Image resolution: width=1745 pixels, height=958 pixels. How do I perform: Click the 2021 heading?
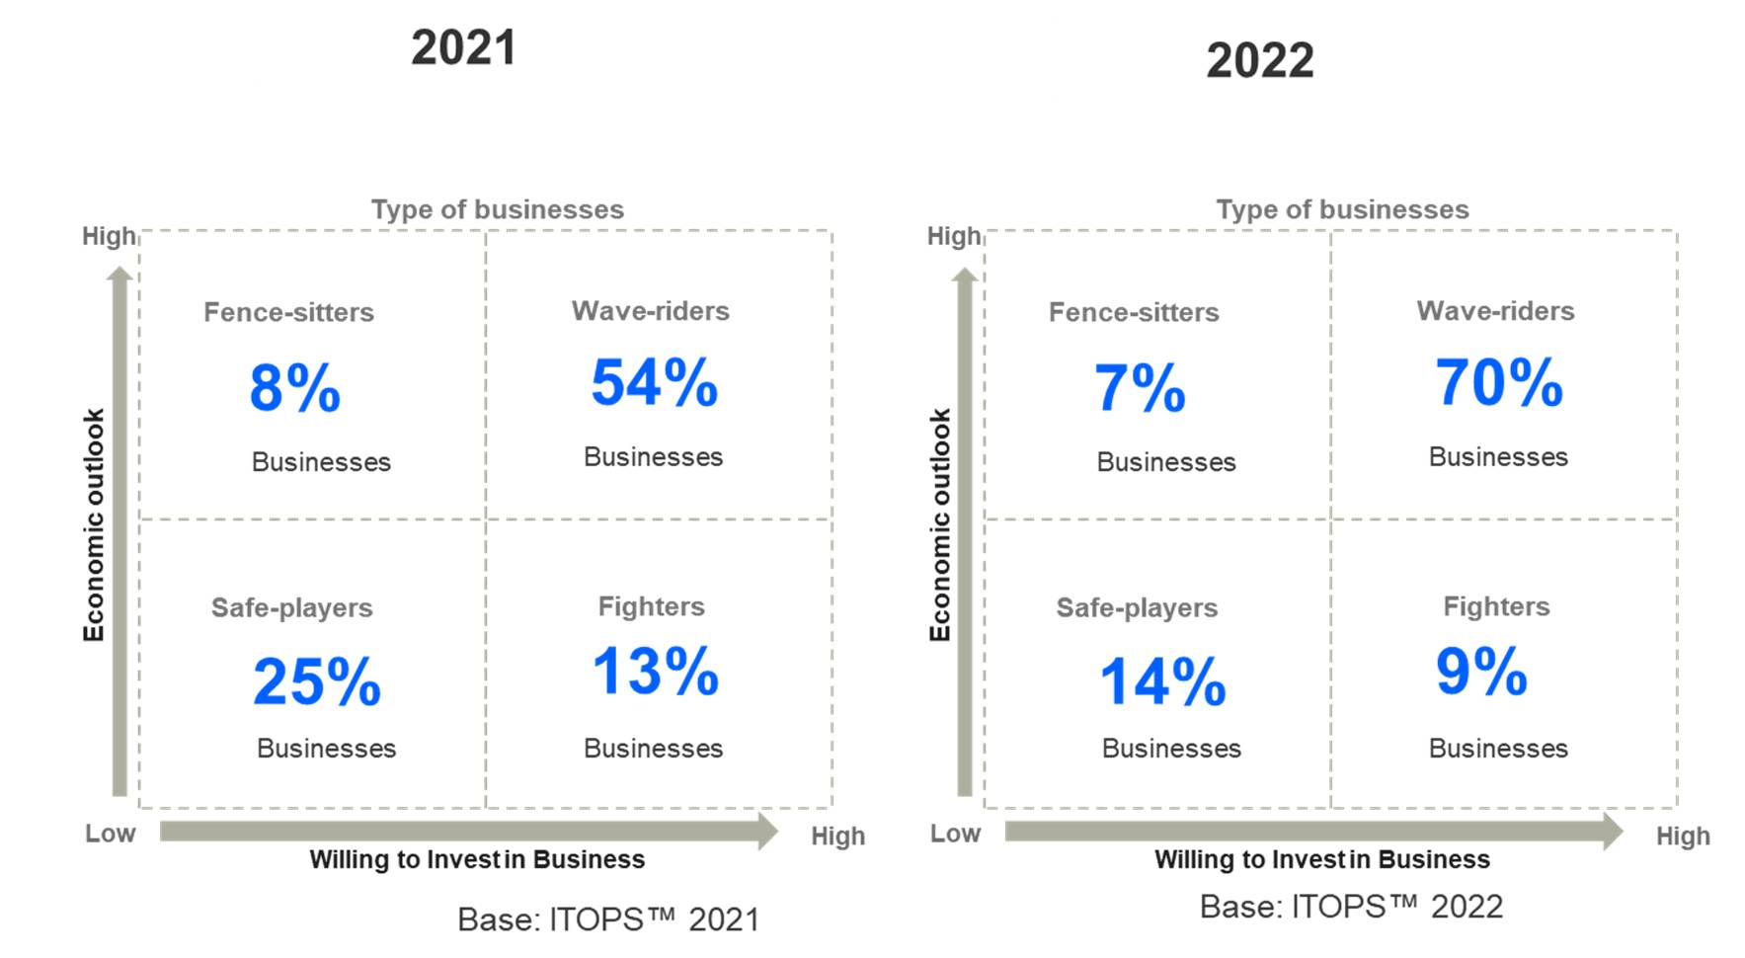tap(463, 48)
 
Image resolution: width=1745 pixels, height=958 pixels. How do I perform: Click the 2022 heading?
tap(1259, 61)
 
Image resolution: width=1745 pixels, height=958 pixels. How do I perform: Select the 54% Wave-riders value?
tap(654, 383)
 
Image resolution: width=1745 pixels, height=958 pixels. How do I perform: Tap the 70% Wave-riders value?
tap(1498, 383)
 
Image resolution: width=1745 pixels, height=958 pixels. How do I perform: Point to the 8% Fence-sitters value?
tap(294, 388)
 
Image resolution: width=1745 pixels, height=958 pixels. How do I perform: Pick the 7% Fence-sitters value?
tap(1140, 388)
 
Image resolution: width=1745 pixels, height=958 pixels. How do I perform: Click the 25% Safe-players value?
tap(316, 681)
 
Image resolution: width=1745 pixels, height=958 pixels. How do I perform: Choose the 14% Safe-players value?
tap(1162, 681)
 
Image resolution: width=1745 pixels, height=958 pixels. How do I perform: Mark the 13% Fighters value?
tap(655, 672)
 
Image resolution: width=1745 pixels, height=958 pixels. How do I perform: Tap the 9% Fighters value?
tap(1481, 672)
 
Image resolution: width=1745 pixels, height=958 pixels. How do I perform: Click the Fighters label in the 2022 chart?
tap(1496, 606)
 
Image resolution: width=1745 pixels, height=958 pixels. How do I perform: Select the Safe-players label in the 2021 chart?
tap(291, 607)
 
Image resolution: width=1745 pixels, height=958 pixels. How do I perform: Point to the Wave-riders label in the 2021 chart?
tap(650, 311)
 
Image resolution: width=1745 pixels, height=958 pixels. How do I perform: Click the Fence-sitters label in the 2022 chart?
tap(1134, 312)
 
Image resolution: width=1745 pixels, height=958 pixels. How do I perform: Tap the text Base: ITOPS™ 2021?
tap(608, 919)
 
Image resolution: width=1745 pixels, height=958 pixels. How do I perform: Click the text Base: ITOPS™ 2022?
tap(1351, 907)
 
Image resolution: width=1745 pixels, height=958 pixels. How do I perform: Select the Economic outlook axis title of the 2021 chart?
tap(93, 524)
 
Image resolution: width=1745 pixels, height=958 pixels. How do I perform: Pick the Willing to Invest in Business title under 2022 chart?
tap(1321, 859)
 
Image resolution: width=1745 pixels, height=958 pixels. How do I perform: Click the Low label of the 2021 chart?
tap(110, 834)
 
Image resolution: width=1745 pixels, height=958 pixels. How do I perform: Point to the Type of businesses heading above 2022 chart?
tap(1342, 209)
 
